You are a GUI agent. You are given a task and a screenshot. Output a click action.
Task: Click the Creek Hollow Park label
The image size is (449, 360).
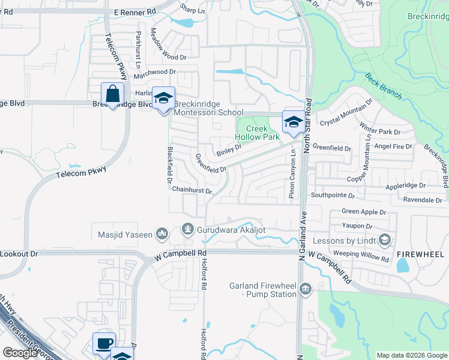coord(259,132)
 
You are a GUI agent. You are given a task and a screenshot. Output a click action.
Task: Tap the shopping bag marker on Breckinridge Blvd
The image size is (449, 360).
coord(112,95)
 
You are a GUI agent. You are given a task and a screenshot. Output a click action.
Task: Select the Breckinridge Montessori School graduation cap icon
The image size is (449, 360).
coord(163,100)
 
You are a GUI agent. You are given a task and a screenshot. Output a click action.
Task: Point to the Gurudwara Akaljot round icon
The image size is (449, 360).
coord(188,229)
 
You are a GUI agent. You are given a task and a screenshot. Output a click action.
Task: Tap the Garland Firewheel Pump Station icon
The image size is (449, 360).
coord(306,290)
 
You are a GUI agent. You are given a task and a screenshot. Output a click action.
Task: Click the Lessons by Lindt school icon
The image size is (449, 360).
coord(385,240)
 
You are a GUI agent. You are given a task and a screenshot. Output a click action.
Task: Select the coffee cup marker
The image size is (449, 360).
coord(104,343)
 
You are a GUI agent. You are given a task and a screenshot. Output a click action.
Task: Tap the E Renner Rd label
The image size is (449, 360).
coord(134,11)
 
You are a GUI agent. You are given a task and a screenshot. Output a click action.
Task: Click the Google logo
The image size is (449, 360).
coord(20,353)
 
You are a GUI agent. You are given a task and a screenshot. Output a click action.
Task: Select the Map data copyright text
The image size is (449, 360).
coord(411,355)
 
